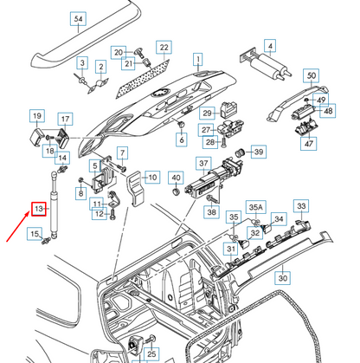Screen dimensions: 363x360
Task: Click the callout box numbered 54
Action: (101, 18)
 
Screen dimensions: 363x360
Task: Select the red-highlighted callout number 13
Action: (38, 211)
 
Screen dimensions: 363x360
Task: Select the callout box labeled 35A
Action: (256, 208)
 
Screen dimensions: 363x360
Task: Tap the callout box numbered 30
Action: (282, 279)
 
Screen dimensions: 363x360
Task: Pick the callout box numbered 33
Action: (300, 206)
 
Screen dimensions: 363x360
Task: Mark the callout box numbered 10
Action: (151, 178)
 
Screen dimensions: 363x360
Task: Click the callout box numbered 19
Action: (38, 116)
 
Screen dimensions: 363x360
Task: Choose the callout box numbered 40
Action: (176, 179)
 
